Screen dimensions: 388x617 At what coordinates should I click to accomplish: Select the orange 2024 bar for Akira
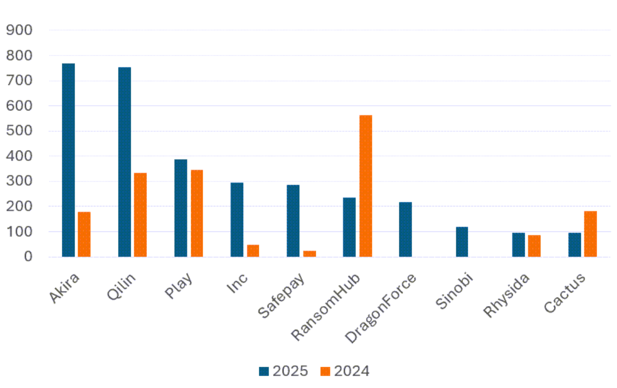(84, 234)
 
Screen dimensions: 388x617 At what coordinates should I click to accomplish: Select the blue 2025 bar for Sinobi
(461, 242)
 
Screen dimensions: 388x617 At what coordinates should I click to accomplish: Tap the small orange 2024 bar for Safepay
(309, 254)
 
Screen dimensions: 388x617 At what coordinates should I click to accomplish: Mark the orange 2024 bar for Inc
(253, 251)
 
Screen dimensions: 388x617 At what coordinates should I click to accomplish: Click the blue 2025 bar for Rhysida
(518, 244)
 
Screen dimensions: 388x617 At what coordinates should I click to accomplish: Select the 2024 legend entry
(345, 371)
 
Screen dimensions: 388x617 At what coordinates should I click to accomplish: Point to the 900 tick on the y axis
(19, 30)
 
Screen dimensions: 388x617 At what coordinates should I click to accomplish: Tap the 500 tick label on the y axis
(19, 131)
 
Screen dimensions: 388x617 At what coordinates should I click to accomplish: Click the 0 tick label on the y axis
(27, 257)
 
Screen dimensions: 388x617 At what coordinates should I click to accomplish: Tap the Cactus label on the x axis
(566, 293)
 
